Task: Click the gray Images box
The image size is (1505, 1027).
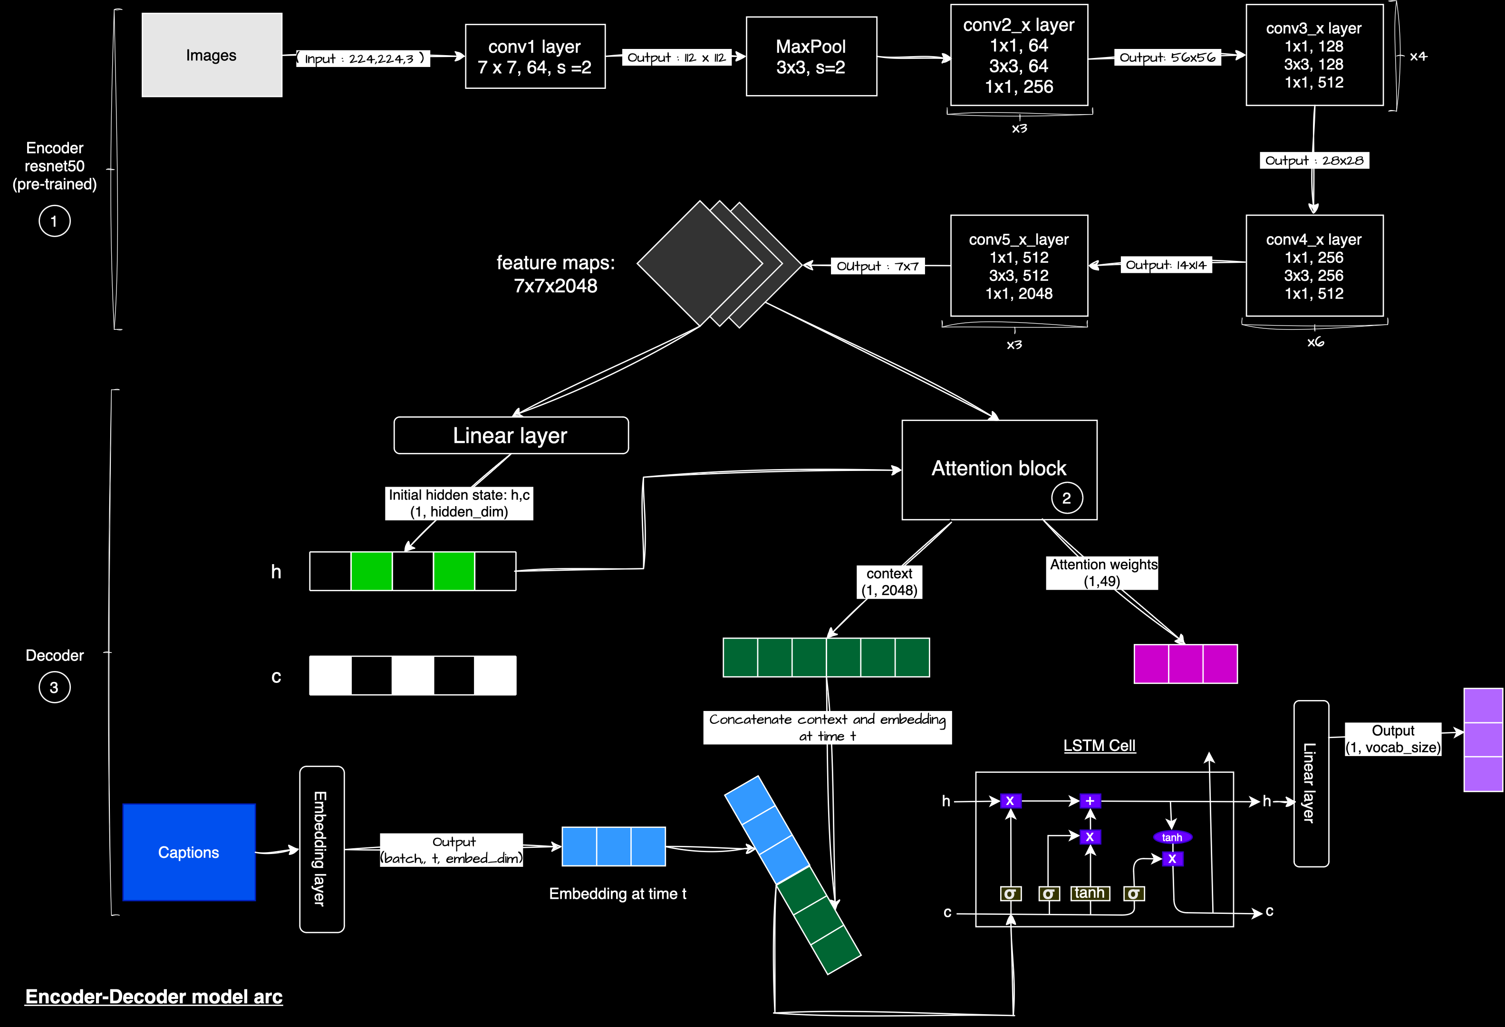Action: coord(212,55)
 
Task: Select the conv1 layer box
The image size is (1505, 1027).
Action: coord(535,57)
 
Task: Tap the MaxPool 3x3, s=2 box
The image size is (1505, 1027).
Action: coord(811,57)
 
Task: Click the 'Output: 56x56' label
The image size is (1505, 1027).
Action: coord(1167,58)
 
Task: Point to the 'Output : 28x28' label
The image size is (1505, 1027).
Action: coord(1314,161)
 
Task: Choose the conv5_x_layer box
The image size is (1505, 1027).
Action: coord(1019,266)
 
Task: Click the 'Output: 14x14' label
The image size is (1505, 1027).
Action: coord(1166,265)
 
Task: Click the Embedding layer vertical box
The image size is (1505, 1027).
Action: coord(321,849)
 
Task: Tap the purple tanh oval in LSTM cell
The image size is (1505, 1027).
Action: coord(1172,837)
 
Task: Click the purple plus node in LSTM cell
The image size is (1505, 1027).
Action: coord(1090,801)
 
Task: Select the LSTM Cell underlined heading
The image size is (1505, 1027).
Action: coord(1099,745)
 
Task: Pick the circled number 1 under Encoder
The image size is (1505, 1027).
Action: coord(54,221)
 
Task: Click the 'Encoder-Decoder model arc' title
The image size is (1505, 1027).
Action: coord(154,996)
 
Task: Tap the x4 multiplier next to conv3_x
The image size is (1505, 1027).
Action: coord(1418,57)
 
